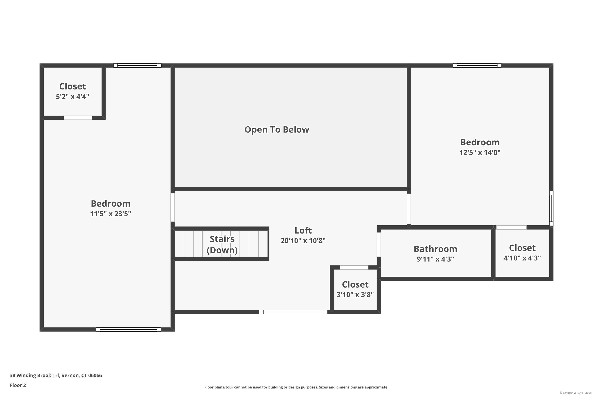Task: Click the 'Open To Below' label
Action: click(277, 130)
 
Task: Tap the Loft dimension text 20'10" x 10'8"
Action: click(303, 241)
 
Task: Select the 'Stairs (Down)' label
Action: click(222, 244)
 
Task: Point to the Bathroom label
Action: click(435, 249)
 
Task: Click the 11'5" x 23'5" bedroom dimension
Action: click(111, 214)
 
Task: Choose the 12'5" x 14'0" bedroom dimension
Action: click(480, 152)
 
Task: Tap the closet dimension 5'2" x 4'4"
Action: click(73, 97)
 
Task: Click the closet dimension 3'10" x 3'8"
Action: click(355, 294)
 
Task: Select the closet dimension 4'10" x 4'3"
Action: click(522, 258)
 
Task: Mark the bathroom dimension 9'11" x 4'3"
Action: click(435, 259)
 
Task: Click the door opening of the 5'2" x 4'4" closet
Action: click(78, 118)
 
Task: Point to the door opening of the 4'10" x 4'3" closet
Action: click(511, 228)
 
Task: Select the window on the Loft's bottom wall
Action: click(293, 312)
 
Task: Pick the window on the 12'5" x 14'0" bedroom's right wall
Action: click(551, 208)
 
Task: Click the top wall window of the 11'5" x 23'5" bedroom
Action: click(137, 66)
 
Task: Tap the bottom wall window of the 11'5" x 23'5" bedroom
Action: click(129, 329)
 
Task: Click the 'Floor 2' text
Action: click(18, 385)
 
